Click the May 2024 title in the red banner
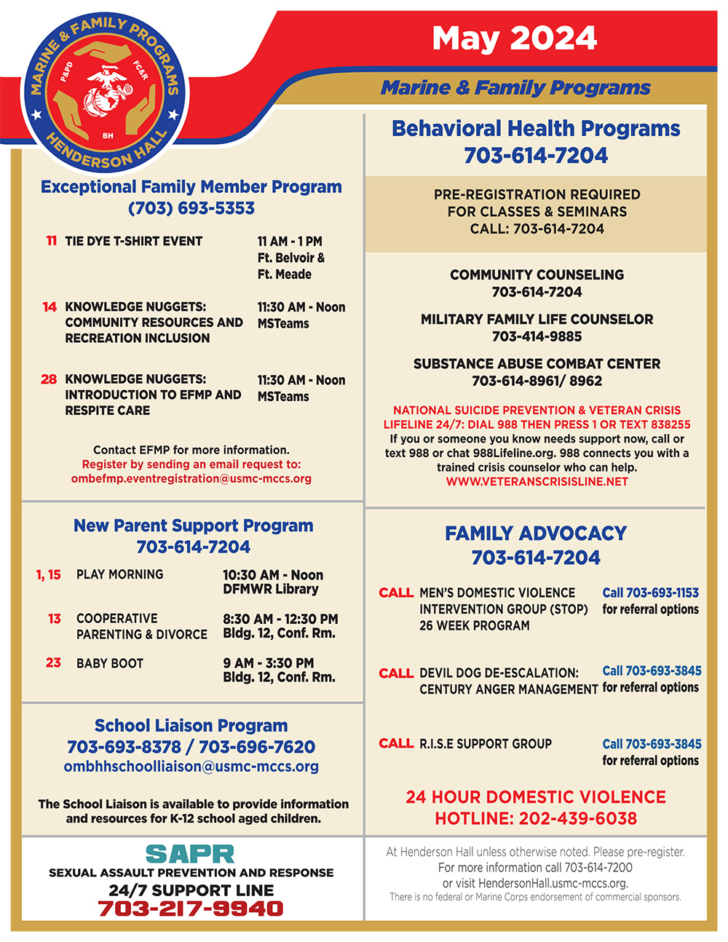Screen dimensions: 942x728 click(x=514, y=39)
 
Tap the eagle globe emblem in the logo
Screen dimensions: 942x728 click(x=108, y=90)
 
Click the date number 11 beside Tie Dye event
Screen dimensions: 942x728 click(x=51, y=241)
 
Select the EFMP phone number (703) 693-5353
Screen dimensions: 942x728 click(x=191, y=208)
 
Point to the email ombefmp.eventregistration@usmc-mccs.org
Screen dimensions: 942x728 click(x=191, y=479)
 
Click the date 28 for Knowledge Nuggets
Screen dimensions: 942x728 click(x=49, y=379)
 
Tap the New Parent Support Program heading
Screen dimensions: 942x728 click(x=193, y=526)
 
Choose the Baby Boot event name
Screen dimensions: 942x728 click(x=110, y=663)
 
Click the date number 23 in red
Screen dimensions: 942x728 click(x=53, y=662)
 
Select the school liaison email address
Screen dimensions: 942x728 click(x=191, y=767)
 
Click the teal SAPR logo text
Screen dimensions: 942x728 click(x=190, y=854)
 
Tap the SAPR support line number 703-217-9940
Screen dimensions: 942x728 click(x=191, y=909)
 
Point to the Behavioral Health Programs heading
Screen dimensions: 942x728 click(x=536, y=129)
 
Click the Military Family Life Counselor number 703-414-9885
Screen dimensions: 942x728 click(x=537, y=336)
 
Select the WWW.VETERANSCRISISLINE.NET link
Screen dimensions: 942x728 click(x=537, y=481)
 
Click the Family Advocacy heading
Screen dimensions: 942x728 click(x=536, y=534)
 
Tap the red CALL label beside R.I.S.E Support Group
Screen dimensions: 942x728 click(x=396, y=743)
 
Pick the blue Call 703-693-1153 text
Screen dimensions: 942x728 click(x=650, y=593)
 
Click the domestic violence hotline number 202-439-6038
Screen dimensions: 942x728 click(x=578, y=818)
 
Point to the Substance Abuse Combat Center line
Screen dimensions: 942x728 click(x=537, y=363)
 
